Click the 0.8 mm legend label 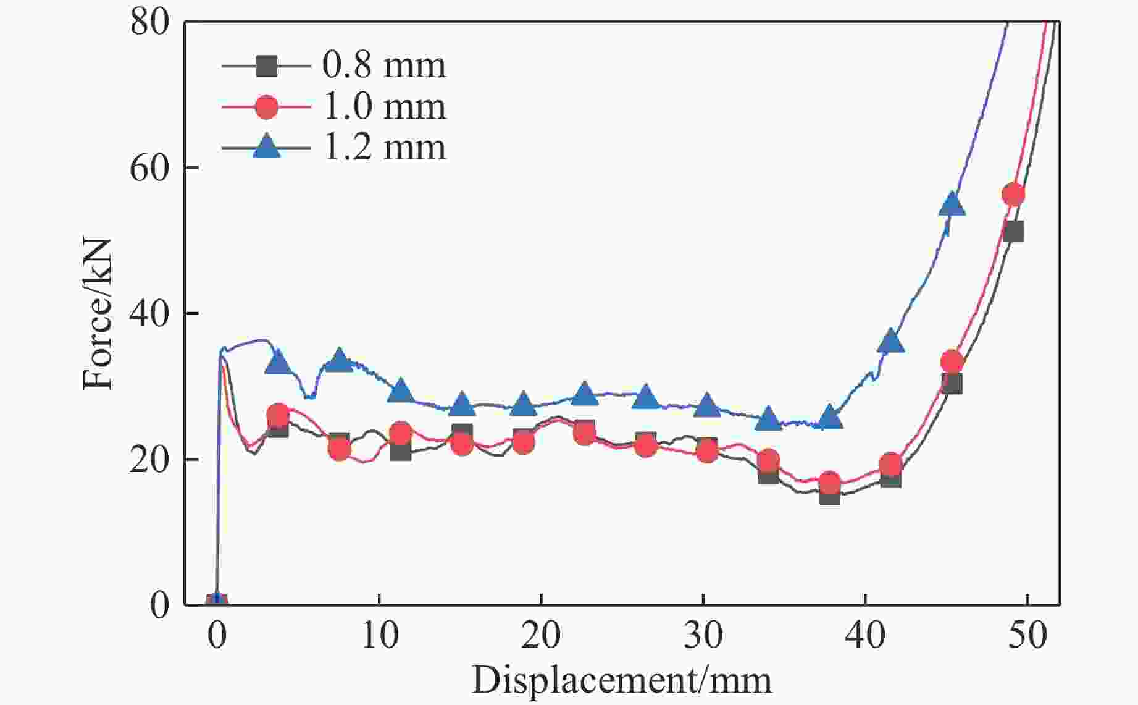coord(383,65)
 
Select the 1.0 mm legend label coord(383,106)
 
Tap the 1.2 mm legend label coord(383,148)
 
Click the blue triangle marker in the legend coord(267,148)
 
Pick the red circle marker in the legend coord(267,106)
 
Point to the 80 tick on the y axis coord(149,22)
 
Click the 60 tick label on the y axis coord(149,168)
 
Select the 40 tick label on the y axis coord(149,314)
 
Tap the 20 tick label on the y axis coord(149,460)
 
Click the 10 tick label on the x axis coord(379,635)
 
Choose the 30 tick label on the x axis coord(703,635)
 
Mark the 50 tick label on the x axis coord(1027,635)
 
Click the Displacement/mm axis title coord(622,680)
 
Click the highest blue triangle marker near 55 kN coord(952,205)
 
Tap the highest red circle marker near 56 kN coord(1013,195)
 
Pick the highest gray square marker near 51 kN coord(1013,232)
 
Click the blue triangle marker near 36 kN coord(890,341)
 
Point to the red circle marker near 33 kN coord(952,361)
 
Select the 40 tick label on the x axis coord(865,635)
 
